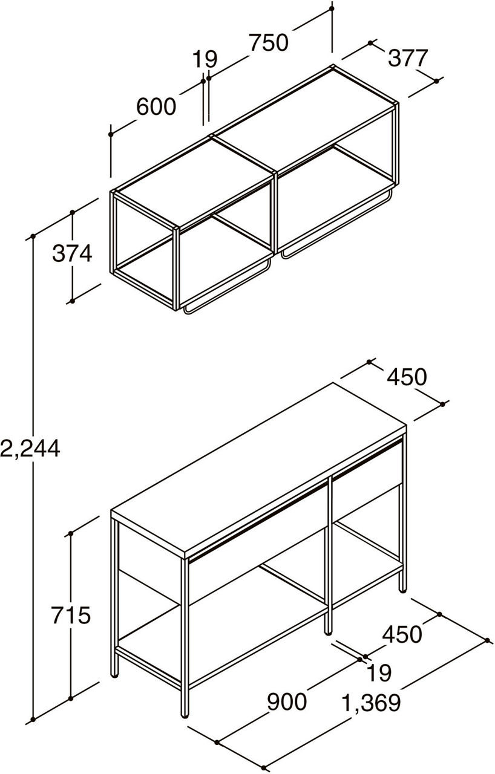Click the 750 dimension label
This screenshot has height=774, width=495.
point(268,42)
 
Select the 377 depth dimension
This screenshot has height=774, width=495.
point(408,57)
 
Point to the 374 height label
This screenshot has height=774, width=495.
point(72,253)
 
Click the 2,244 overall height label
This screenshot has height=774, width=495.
point(30,449)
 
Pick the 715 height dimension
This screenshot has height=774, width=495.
point(71,615)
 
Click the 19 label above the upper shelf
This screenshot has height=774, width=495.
point(205,59)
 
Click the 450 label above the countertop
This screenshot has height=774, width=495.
point(407,377)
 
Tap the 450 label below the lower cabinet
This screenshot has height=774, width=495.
point(402,634)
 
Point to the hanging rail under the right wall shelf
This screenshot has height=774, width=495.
point(338,223)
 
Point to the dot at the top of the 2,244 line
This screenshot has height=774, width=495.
point(33,236)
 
